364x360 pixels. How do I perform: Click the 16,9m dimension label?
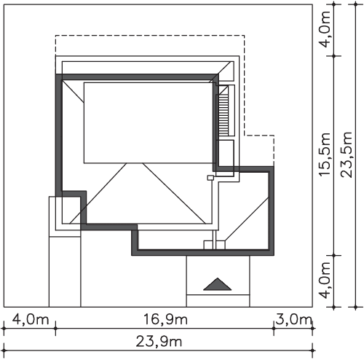pos(165,319)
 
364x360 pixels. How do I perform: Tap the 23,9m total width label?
pos(159,341)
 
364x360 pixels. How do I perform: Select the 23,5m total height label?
pos(347,154)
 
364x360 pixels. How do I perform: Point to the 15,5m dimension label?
pos(325,154)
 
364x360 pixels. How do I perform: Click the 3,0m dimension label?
pos(293,319)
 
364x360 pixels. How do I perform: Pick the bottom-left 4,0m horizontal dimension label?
pos(31,319)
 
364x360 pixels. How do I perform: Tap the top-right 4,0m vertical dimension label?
pos(325,28)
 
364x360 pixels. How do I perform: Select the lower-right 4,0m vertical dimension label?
pos(325,281)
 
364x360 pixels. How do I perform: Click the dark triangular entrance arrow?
pos(218,284)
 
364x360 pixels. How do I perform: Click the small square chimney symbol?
pos(210,178)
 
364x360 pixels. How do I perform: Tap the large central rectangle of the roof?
pos(149,123)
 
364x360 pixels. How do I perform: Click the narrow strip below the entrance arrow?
pos(218,301)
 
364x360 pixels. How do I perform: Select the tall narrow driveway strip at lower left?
pos(65,272)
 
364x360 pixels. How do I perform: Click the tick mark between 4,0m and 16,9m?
pos(55,329)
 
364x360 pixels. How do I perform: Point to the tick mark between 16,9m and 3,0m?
pos(274,329)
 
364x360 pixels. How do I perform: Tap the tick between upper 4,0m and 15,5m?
pos(334,56)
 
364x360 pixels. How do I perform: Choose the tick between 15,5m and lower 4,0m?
pos(334,255)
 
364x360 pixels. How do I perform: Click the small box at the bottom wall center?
pos(215,245)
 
